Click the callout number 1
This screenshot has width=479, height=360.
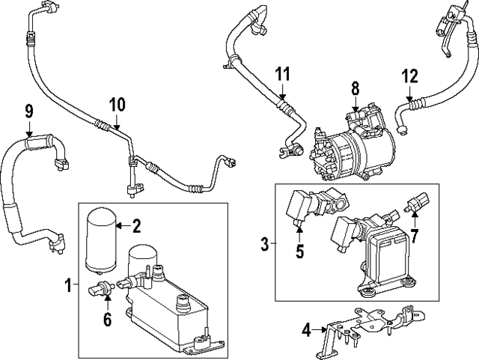click(67, 285)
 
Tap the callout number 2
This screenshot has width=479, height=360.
click(136, 225)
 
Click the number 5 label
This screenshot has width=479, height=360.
click(299, 251)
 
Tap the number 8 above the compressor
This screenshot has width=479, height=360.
click(356, 91)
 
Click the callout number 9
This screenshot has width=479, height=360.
click(29, 112)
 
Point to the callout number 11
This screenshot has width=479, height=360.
click(281, 74)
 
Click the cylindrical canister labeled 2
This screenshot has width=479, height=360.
click(100, 238)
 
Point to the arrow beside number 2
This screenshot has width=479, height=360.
click(121, 225)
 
